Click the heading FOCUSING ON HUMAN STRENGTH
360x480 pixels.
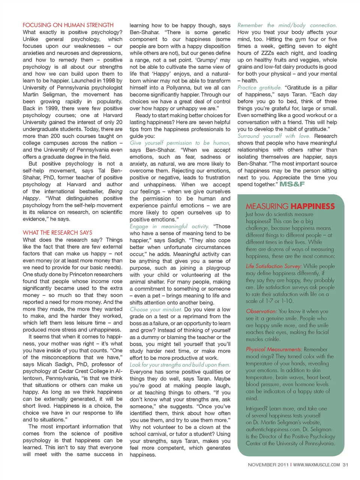pyautogui.click(x=68, y=25)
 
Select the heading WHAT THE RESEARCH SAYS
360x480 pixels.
pyautogui.click(x=57, y=233)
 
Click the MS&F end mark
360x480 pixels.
pyautogui.click(x=292, y=184)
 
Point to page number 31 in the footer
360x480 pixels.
pyautogui.click(x=345, y=465)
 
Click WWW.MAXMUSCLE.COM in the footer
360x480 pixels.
pyautogui.click(x=316, y=465)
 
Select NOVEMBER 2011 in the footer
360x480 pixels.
pyautogui.click(x=268, y=465)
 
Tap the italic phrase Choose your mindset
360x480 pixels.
pyautogui.click(x=156, y=310)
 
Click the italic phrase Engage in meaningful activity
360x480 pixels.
pyautogui.click(x=169, y=226)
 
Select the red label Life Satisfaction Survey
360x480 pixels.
pyautogui.click(x=273, y=266)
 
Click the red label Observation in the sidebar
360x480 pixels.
pyautogui.click(x=261, y=311)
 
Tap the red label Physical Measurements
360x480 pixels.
pyautogui.click(x=274, y=349)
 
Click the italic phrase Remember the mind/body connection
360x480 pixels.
pyautogui.click(x=287, y=25)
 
